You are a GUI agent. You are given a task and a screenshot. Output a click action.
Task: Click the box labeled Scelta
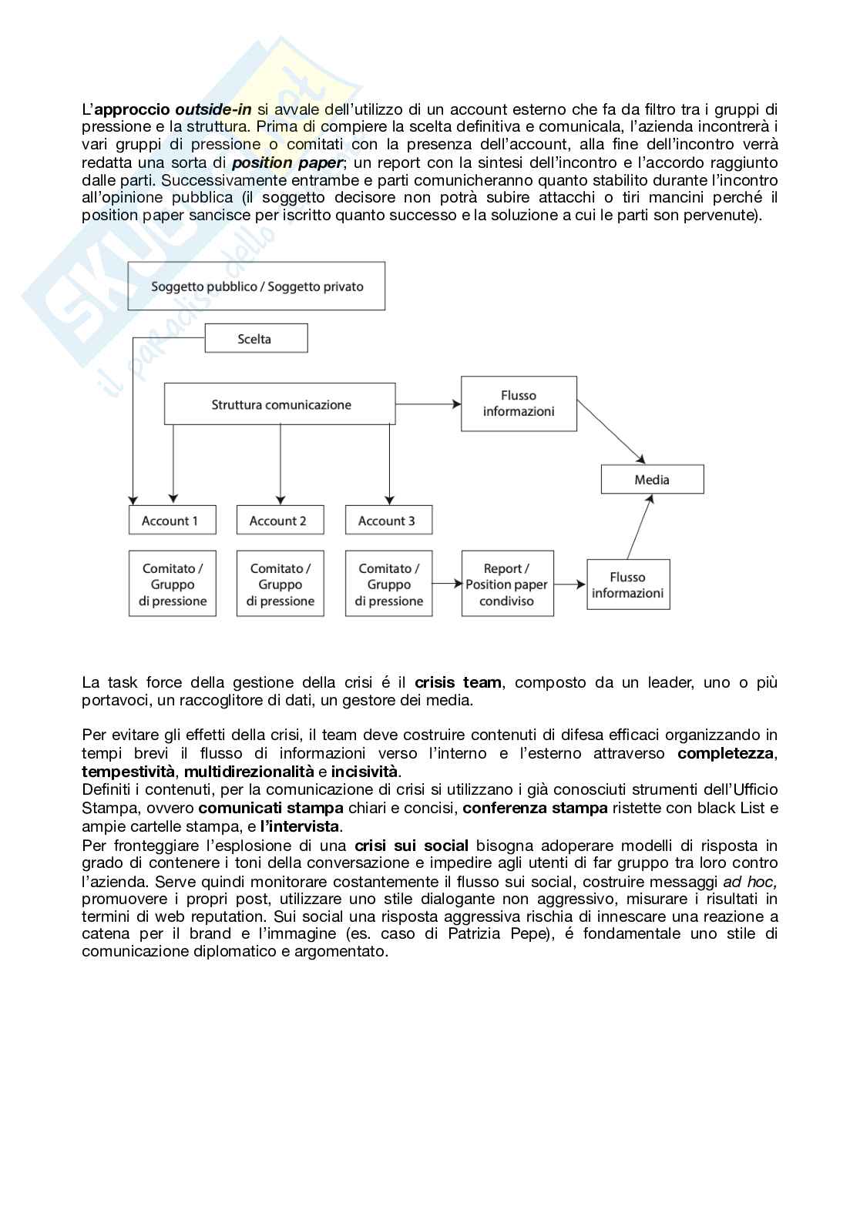tap(256, 339)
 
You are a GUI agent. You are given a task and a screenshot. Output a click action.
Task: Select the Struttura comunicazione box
tap(281, 404)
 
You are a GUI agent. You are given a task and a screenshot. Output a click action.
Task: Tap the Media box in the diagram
tap(652, 480)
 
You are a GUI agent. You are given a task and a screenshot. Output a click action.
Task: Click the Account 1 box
tap(172, 521)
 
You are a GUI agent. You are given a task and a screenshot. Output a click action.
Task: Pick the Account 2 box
tap(280, 521)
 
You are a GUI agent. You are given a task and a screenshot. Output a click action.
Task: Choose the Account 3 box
tap(388, 521)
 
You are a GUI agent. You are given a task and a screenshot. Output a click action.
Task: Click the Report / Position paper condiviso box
tap(507, 585)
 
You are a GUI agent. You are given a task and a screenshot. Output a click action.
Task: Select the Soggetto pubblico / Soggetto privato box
tap(257, 286)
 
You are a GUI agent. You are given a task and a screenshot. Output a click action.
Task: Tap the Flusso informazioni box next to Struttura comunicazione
tap(519, 404)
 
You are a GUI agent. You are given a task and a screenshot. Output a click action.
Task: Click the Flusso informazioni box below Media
tap(628, 585)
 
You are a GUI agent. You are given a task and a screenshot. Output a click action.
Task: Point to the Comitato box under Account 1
tap(172, 585)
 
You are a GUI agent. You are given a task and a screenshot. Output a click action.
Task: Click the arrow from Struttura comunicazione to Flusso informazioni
tap(428, 404)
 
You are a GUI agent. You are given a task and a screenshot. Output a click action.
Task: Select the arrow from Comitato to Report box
tap(447, 585)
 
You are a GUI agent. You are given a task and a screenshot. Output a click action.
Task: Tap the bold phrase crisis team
tap(458, 682)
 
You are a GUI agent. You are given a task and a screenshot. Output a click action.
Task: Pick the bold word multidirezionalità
tap(249, 772)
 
